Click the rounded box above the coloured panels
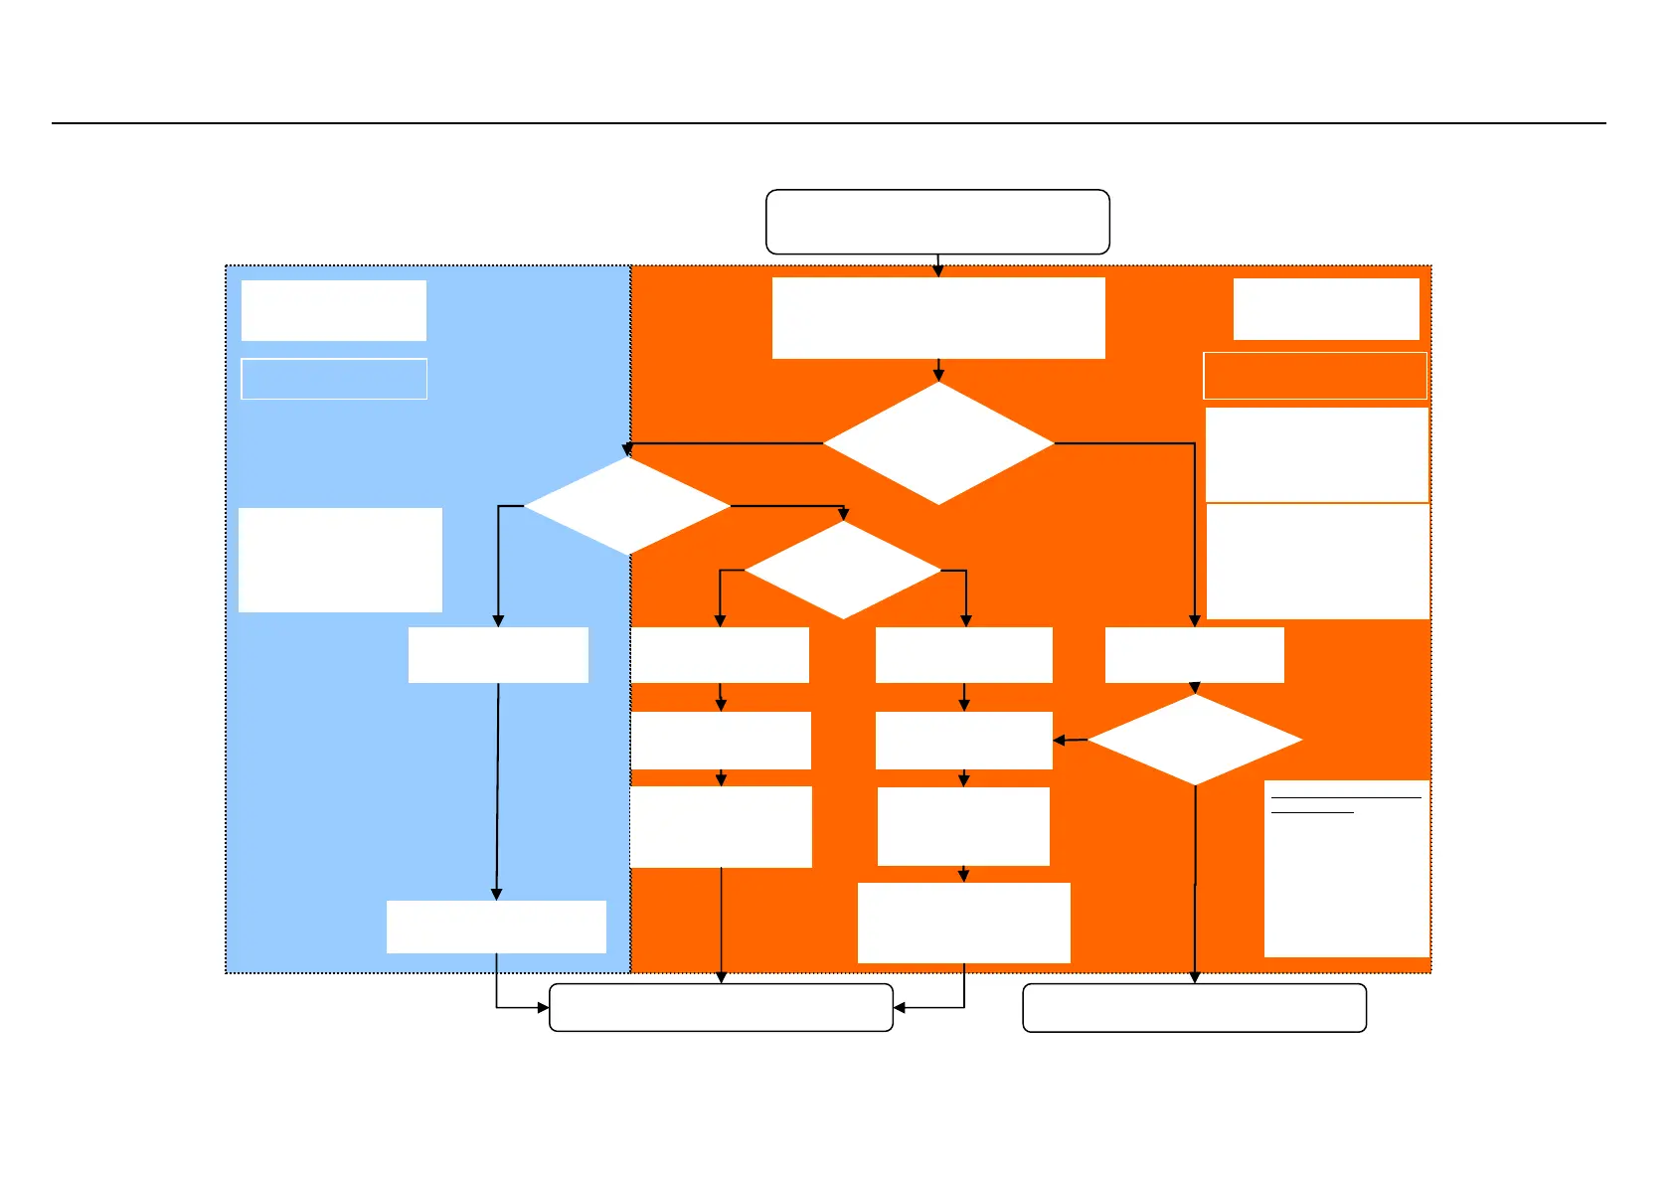point(937,222)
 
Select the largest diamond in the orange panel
point(938,443)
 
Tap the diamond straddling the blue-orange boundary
point(626,506)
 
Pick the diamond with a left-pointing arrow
point(1195,740)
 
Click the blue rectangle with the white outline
point(334,379)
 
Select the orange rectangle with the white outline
point(1315,376)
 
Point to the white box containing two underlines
point(1347,869)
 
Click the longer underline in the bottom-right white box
point(1346,797)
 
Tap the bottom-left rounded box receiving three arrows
point(721,1008)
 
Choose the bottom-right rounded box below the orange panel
point(1194,1008)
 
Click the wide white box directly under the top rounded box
point(938,317)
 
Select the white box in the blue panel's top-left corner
point(334,310)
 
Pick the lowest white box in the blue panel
point(496,927)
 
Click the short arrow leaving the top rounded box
point(938,265)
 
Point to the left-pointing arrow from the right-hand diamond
point(1071,741)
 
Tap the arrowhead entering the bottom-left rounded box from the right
point(900,1008)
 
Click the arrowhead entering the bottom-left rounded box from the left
point(543,1008)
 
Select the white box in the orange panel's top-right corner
point(1326,309)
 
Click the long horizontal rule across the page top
point(828,123)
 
